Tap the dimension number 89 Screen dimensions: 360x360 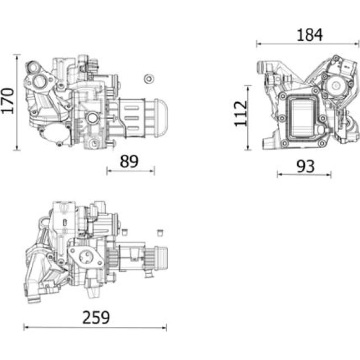pos(129,161)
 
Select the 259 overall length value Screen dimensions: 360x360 pos(96,318)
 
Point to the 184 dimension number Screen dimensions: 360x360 pos(310,35)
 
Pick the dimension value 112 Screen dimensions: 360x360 pos(240,114)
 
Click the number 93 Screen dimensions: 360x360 pos(305,166)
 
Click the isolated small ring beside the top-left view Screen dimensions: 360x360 pos(149,79)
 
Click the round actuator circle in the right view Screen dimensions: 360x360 pos(336,86)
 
